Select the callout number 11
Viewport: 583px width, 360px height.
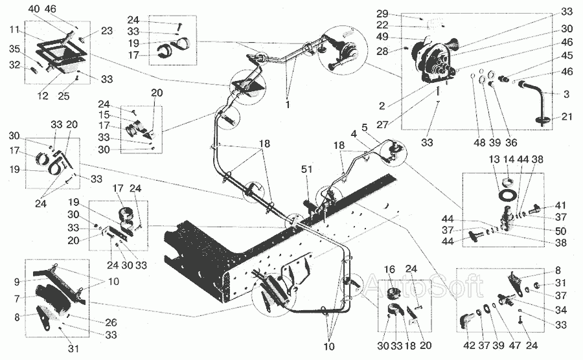pyautogui.click(x=14, y=30)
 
